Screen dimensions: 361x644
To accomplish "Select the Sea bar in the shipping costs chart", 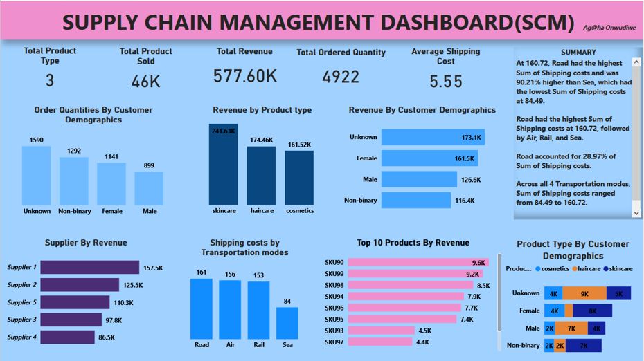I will (x=287, y=323).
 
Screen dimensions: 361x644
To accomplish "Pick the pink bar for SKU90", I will (x=406, y=263).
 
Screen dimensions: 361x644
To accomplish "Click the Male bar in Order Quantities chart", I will (x=149, y=189).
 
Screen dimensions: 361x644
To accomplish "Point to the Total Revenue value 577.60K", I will (x=245, y=77).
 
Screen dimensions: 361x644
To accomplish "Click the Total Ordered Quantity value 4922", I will (x=341, y=77).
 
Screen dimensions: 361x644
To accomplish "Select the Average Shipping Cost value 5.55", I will (x=445, y=82).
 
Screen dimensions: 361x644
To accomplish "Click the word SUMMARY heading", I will (x=578, y=53).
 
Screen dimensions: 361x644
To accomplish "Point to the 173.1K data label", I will (x=471, y=138).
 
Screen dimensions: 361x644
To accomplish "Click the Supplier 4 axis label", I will (x=21, y=337).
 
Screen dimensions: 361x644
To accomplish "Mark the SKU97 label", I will (x=334, y=342).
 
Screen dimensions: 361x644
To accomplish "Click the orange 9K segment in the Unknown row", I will (x=584, y=293).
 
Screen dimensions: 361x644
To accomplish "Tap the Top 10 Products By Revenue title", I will (x=413, y=243).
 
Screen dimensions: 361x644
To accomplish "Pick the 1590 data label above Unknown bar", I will (x=36, y=140).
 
